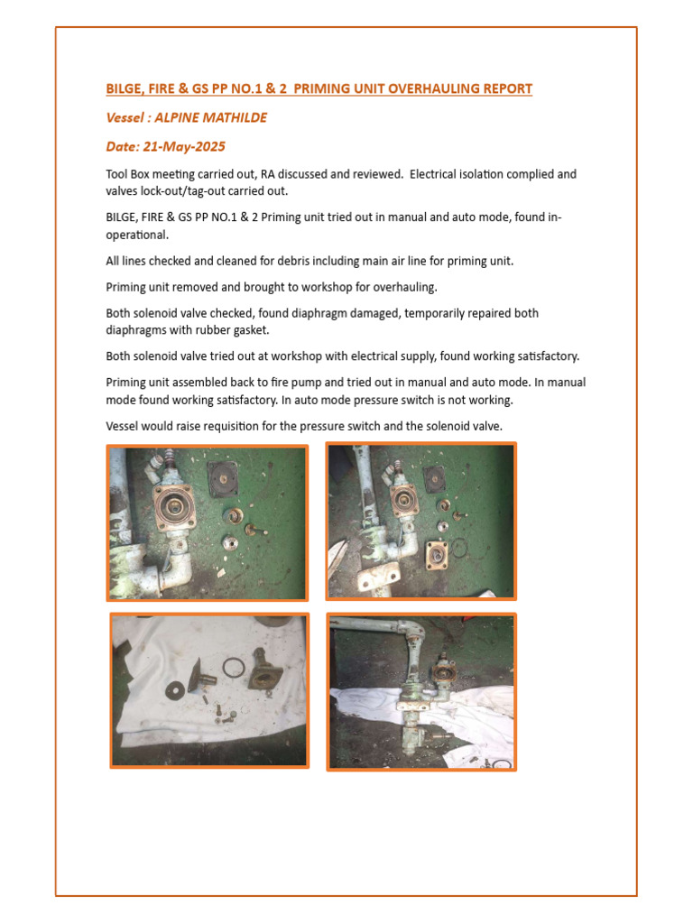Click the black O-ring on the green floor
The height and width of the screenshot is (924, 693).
460,548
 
